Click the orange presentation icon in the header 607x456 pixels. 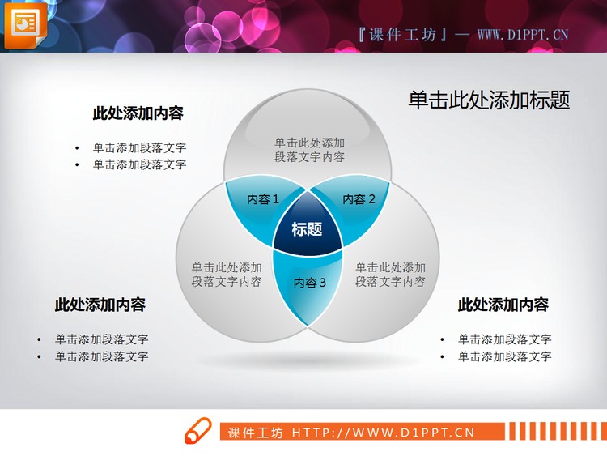tap(25, 23)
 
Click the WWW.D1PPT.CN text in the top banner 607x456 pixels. tap(523, 34)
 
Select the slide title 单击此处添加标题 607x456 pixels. tap(489, 100)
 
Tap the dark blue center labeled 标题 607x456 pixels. tap(307, 229)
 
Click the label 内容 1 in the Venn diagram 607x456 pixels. tap(263, 199)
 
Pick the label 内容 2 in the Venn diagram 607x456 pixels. tap(359, 199)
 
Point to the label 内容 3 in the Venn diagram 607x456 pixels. tap(309, 283)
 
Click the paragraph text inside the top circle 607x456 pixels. tap(309, 149)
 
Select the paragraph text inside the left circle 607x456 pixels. tap(227, 274)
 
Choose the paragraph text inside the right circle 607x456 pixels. tap(390, 274)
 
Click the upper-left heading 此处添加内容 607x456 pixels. tap(138, 113)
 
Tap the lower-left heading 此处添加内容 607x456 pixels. tap(100, 305)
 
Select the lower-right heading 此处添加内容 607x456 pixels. tap(503, 305)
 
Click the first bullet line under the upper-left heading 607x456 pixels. tap(139, 147)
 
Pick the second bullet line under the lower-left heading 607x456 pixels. tap(101, 356)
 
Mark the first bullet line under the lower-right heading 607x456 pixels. tap(504, 339)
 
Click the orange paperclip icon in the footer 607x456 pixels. tap(197, 432)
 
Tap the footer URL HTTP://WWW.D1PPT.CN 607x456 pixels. tap(383, 433)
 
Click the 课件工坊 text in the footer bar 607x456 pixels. tap(255, 433)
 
